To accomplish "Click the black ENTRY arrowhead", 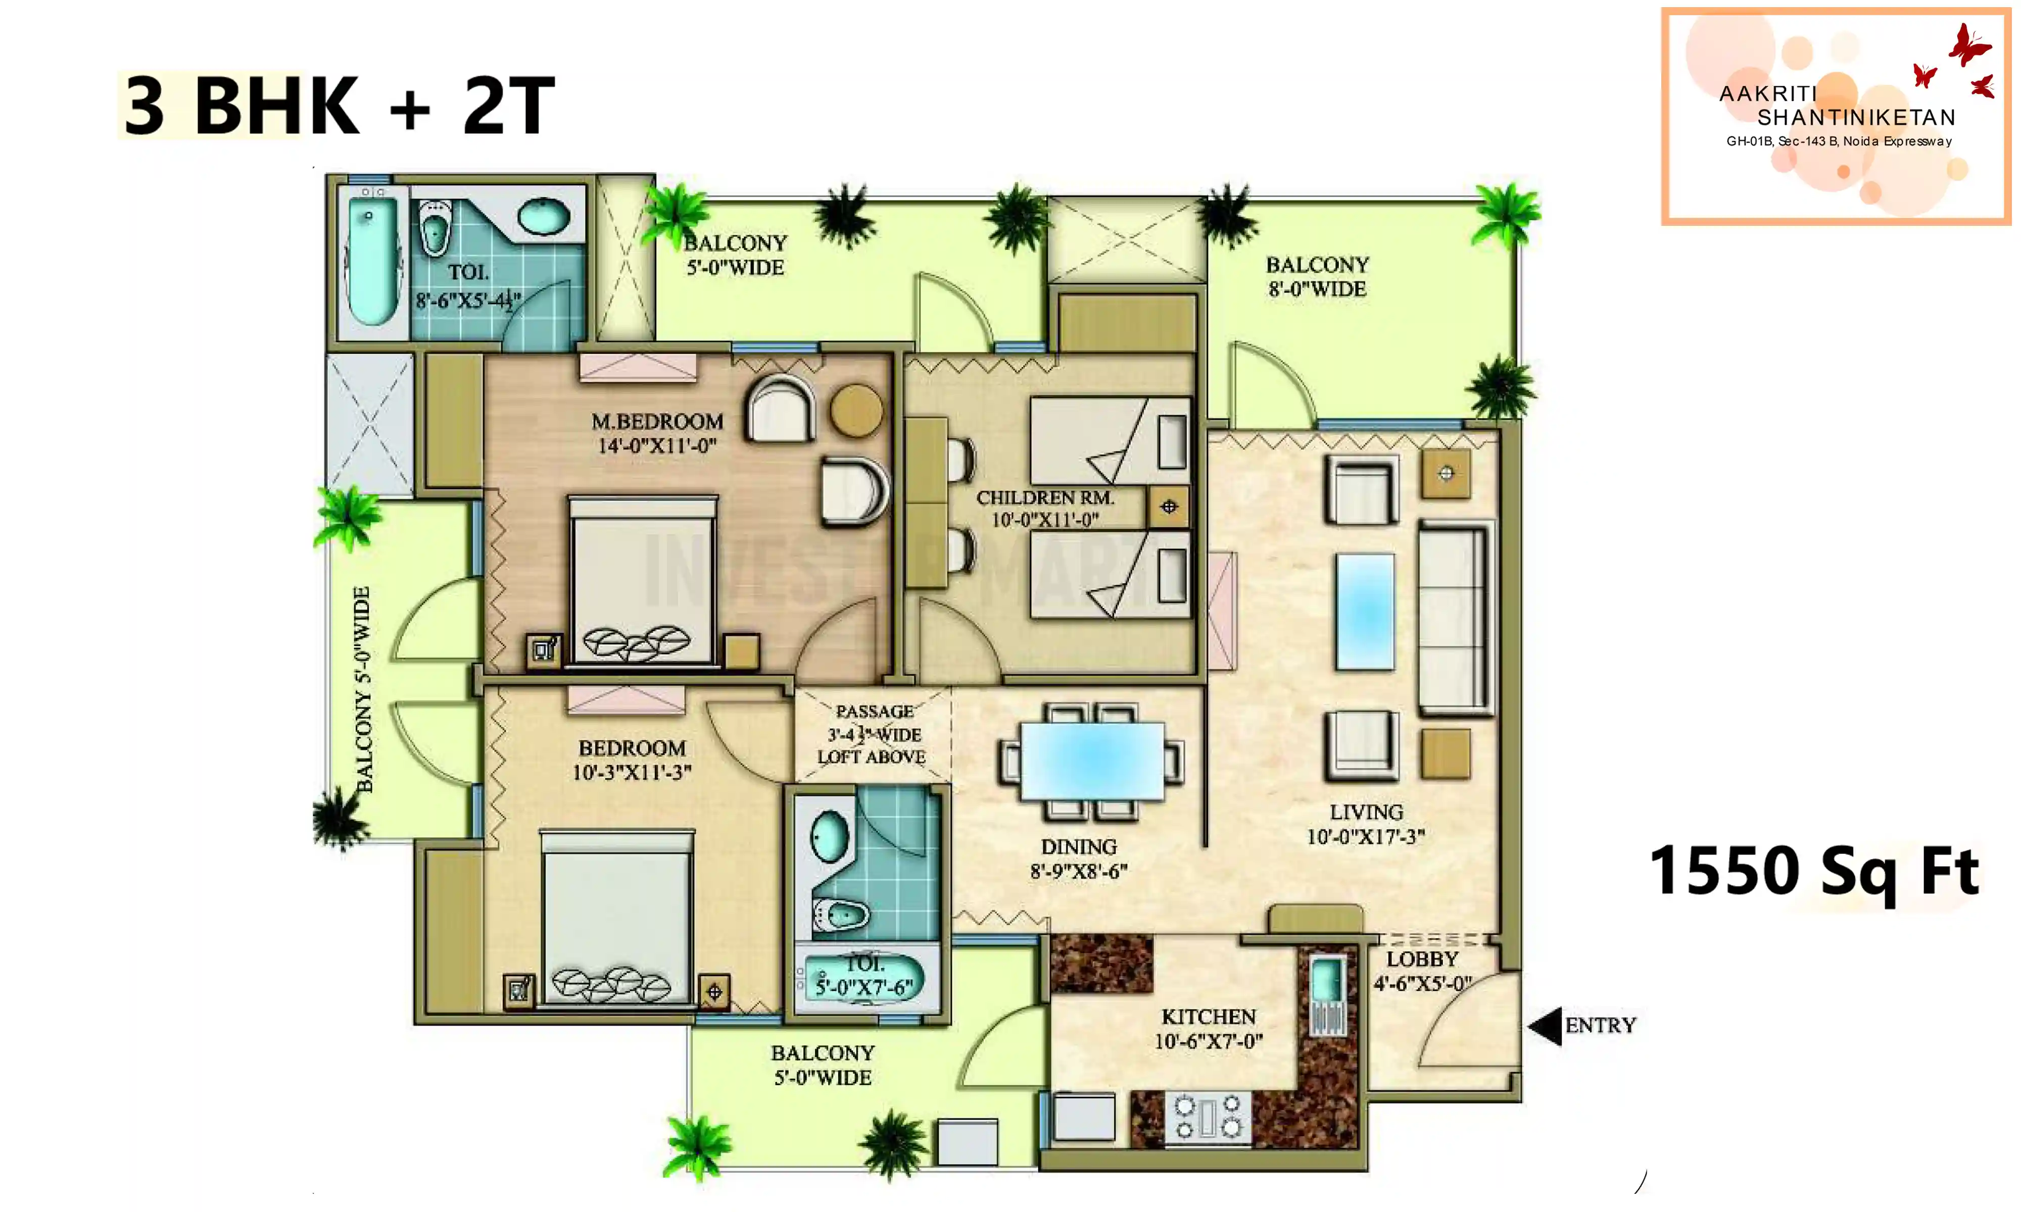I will [x=1546, y=1026].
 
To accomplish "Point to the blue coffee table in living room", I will [x=1365, y=612].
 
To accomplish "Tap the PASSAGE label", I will [x=874, y=712].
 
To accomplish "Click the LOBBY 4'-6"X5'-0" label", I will [x=1422, y=971].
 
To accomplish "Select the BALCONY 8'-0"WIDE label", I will [x=1317, y=277].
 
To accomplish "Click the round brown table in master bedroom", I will [x=856, y=410].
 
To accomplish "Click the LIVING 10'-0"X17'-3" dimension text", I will [x=1366, y=824].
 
